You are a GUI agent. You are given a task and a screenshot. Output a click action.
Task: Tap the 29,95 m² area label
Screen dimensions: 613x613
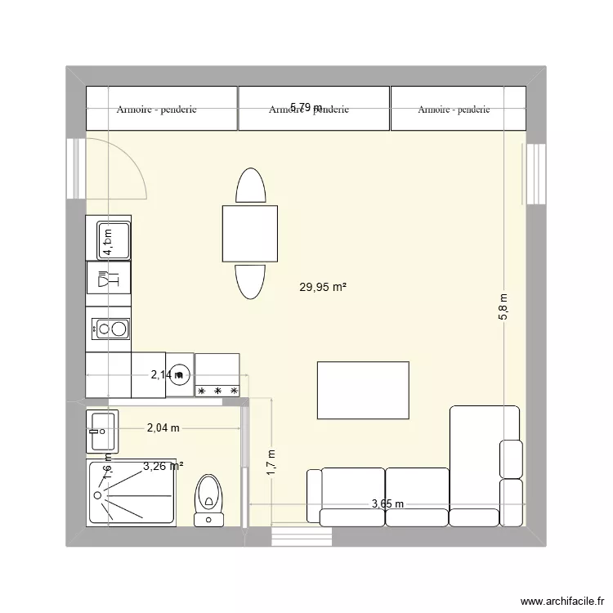click(323, 287)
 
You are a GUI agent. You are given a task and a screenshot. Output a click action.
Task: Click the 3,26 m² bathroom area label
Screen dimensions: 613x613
click(163, 467)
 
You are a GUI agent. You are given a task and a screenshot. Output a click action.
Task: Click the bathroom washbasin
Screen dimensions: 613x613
click(102, 430)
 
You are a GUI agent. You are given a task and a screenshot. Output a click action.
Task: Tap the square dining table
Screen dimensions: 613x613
click(249, 233)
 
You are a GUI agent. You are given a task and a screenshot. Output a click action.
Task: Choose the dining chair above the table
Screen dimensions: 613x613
click(250, 186)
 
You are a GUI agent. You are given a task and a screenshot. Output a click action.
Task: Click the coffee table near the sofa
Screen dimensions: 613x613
click(363, 390)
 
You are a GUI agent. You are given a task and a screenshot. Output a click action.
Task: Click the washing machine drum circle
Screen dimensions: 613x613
click(181, 374)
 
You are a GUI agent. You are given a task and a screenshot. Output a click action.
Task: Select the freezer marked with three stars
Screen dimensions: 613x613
click(217, 375)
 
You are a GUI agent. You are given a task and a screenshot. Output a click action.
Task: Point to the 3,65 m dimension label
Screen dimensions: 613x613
click(387, 503)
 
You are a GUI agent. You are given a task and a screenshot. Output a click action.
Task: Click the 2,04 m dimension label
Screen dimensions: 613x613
click(163, 427)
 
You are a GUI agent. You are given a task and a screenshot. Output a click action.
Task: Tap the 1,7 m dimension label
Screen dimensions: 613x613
click(272, 463)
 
